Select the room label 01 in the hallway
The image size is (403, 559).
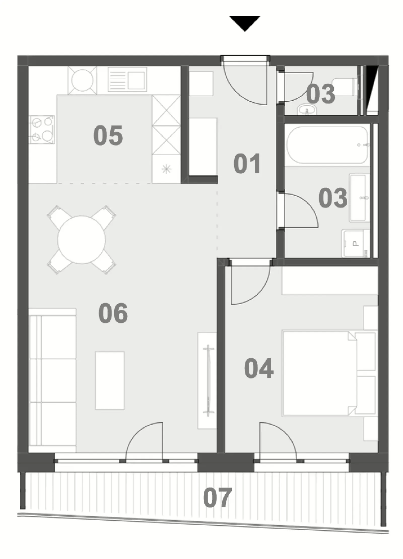pyautogui.click(x=247, y=164)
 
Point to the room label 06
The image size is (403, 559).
pyautogui.click(x=113, y=313)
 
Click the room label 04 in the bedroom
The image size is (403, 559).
pyautogui.click(x=259, y=368)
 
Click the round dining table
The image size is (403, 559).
pyautogui.click(x=81, y=240)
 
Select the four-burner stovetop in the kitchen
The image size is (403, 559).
pyautogui.click(x=42, y=129)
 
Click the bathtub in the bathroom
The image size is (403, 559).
pyautogui.click(x=327, y=145)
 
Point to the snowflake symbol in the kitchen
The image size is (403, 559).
pyautogui.click(x=166, y=169)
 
